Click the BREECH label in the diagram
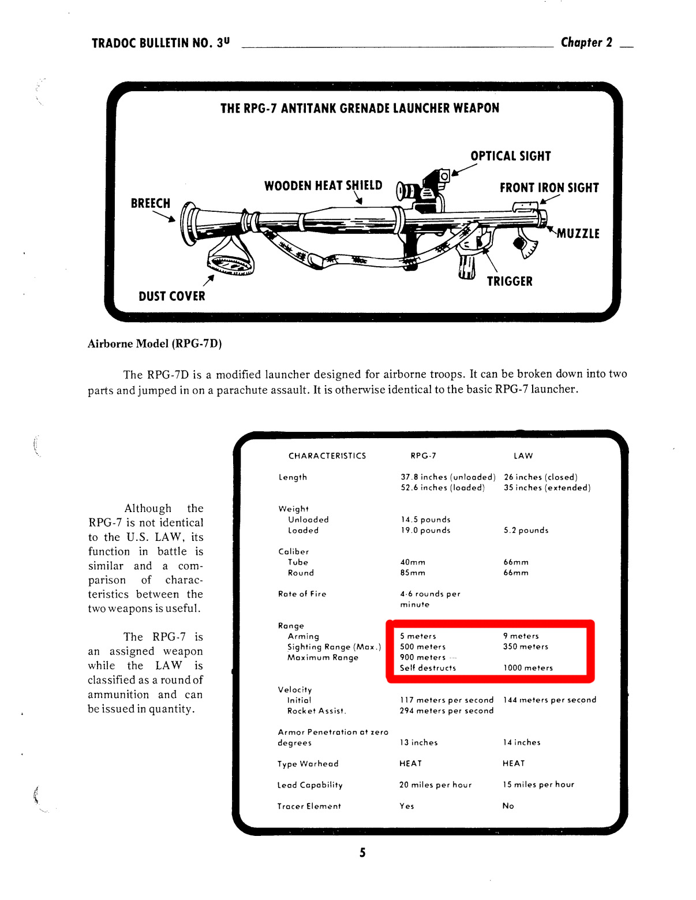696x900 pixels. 151,203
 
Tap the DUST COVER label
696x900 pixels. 171,296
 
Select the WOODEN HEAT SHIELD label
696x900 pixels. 323,185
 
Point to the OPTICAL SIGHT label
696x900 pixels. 510,156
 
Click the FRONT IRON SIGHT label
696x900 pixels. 549,188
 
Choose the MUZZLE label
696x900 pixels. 578,233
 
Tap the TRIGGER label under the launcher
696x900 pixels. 510,281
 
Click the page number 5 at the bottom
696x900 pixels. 362,853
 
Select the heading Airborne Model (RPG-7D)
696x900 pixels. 155,343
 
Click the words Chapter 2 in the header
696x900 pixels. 586,42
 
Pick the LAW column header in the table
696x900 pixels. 523,455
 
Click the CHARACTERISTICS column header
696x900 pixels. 327,455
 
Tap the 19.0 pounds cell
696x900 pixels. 425,530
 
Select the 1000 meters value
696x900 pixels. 528,668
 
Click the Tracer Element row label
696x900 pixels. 309,806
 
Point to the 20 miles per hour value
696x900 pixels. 435,785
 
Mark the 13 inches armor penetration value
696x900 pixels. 418,742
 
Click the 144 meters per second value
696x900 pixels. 549,700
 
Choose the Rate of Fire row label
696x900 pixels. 302,593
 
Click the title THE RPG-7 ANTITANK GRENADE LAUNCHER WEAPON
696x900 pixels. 360,108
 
